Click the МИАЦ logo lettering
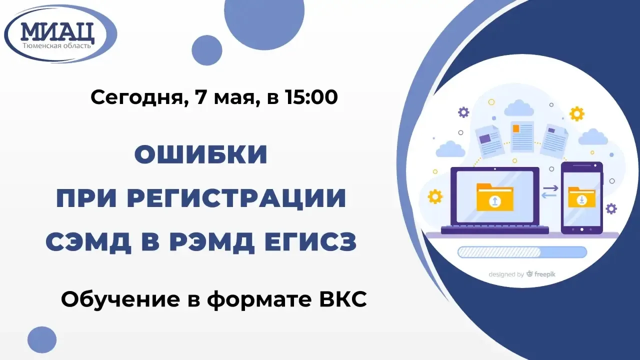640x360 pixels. pyautogui.click(x=57, y=31)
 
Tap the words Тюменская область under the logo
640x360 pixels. pyautogui.click(x=57, y=45)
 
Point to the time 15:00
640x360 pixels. pyautogui.click(x=311, y=97)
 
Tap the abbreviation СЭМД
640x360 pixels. pyautogui.click(x=88, y=242)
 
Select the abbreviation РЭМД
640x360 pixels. pyautogui.click(x=211, y=242)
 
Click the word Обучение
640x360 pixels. pyautogui.click(x=120, y=299)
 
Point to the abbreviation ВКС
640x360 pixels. pyautogui.click(x=343, y=299)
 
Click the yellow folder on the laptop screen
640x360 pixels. pyautogui.click(x=495, y=197)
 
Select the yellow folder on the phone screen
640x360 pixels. pyautogui.click(x=581, y=197)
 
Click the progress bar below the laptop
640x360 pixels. pyautogui.click(x=522, y=252)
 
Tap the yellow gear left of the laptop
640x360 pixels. pyautogui.click(x=435, y=196)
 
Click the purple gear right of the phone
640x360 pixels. pyautogui.click(x=611, y=208)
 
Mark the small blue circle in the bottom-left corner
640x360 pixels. pyautogui.click(x=42, y=339)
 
